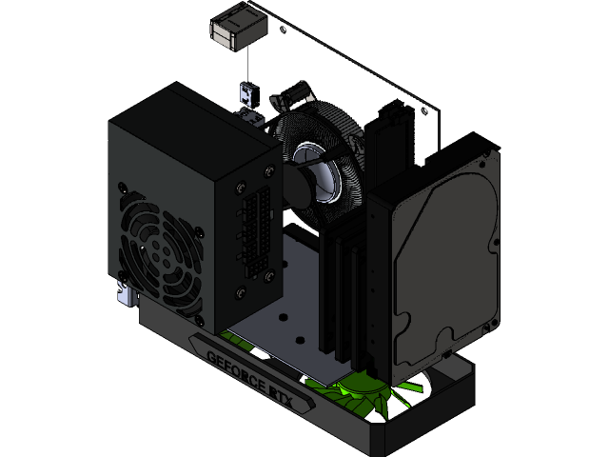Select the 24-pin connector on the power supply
(255, 229)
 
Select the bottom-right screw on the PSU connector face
(272, 277)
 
